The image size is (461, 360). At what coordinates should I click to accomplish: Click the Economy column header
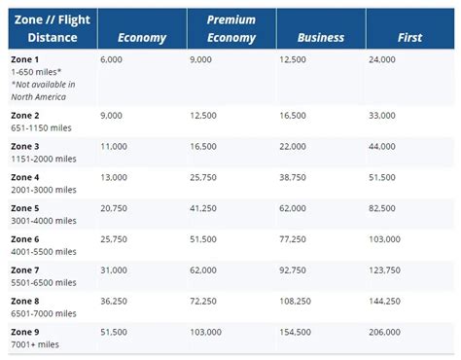click(x=141, y=37)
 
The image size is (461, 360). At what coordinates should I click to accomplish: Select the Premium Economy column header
click(x=230, y=29)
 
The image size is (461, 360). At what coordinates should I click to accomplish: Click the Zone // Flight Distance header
click(x=49, y=29)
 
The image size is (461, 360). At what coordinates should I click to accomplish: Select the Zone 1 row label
click(x=25, y=58)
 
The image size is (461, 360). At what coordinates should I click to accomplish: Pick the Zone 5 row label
click(x=25, y=207)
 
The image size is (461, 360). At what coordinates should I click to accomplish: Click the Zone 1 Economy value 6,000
click(x=113, y=58)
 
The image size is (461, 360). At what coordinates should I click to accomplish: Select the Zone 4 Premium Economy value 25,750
click(x=206, y=177)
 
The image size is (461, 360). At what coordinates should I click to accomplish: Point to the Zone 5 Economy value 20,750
click(x=116, y=207)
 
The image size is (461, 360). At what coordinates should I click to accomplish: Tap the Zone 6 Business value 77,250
click(x=294, y=237)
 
